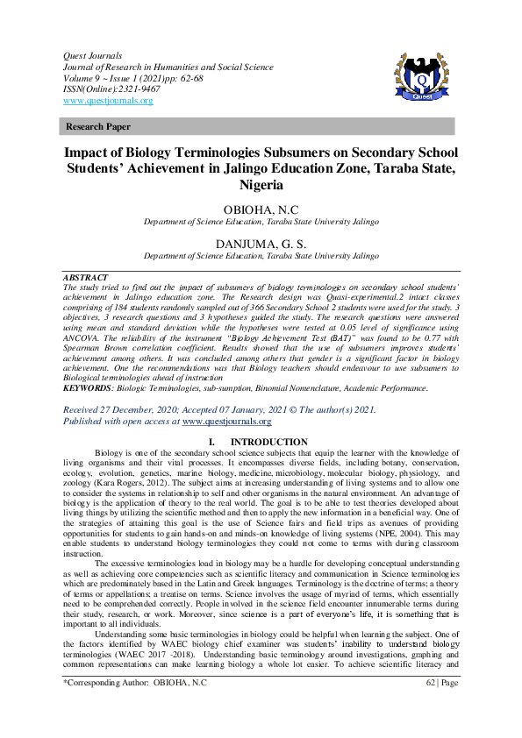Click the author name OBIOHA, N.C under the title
point(261,210)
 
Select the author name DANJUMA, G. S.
point(261,244)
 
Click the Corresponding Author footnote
point(135,706)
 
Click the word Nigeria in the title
point(261,185)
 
